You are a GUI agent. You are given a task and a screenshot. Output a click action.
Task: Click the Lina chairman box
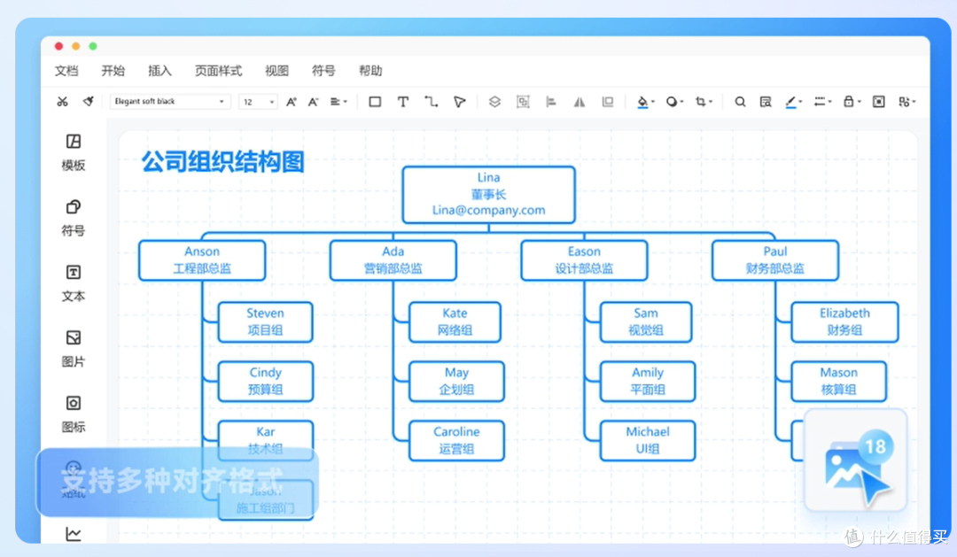click(x=488, y=194)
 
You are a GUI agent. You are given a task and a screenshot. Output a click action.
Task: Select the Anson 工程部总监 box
click(x=202, y=260)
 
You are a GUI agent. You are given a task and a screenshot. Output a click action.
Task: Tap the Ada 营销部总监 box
click(x=393, y=260)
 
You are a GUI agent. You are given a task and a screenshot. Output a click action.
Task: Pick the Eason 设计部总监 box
click(x=584, y=260)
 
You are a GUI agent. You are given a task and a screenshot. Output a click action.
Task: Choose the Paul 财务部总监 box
click(x=774, y=260)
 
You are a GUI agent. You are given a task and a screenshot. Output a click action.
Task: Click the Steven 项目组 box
click(x=266, y=321)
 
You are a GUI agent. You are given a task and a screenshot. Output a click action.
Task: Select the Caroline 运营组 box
click(x=456, y=440)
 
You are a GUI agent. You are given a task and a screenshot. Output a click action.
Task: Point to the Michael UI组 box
click(x=648, y=440)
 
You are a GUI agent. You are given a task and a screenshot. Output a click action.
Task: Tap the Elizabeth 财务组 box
click(x=844, y=321)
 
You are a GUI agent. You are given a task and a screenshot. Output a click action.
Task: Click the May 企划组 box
click(x=456, y=381)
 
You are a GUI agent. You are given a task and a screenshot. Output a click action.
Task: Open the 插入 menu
click(x=159, y=71)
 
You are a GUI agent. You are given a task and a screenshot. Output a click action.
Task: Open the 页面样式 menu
click(x=218, y=71)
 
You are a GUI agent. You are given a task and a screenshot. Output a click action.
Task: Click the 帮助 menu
click(x=370, y=71)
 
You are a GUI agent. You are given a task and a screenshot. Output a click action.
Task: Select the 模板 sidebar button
click(x=74, y=151)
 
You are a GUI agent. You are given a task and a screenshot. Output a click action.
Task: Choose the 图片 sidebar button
click(x=74, y=348)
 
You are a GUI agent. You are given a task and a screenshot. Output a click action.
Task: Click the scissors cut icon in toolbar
click(x=62, y=102)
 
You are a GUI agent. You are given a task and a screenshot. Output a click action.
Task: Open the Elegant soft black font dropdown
click(x=171, y=102)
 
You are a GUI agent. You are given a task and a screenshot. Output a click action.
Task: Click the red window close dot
click(x=59, y=46)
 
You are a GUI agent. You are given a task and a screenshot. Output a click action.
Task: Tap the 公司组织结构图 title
click(x=223, y=161)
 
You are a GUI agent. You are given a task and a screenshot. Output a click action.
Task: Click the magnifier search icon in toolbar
click(x=740, y=102)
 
